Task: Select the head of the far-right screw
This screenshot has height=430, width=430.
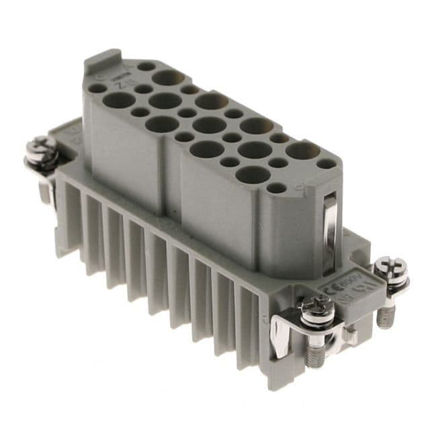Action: coord(390,269)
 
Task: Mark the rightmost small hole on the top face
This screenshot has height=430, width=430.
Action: coord(326,163)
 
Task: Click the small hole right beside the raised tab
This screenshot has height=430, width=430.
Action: coord(145,67)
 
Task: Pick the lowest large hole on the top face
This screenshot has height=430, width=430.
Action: coord(253,175)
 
